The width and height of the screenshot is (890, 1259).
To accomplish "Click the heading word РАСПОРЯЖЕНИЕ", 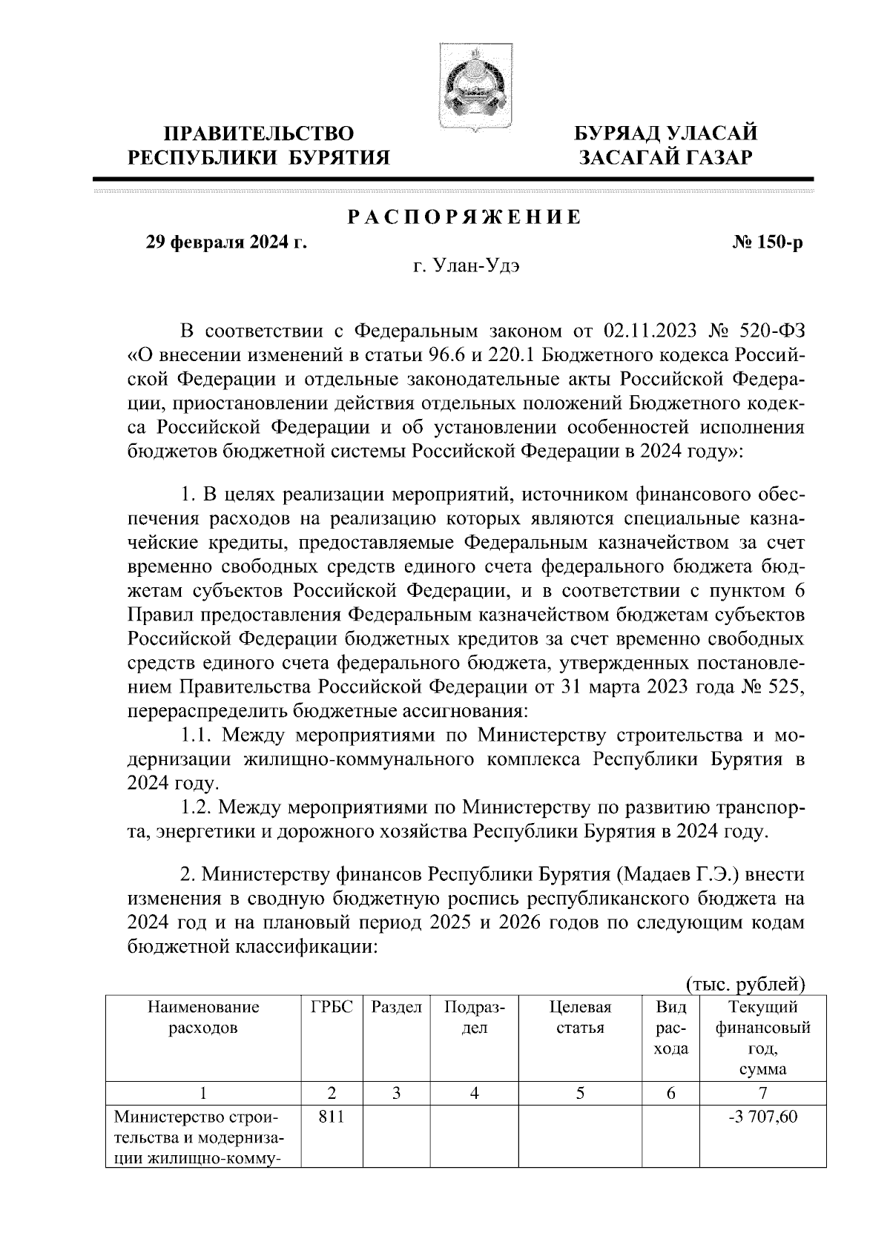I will tap(465, 218).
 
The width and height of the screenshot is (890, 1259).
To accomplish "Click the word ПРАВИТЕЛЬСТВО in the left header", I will tap(259, 134).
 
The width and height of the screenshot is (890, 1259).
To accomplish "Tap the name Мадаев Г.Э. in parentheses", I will tap(676, 874).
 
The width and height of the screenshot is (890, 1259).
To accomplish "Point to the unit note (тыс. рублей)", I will tap(744, 984).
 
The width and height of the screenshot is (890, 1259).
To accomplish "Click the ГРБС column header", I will tap(331, 1008).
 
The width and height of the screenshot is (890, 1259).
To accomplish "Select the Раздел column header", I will tap(396, 1008).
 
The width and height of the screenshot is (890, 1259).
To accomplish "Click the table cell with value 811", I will tap(331, 1116).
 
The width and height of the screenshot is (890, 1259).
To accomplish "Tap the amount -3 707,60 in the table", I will tap(764, 1116).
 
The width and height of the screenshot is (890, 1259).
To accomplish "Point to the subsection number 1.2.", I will tap(199, 806).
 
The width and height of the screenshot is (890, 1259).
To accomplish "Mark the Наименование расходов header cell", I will tap(203, 1017).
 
